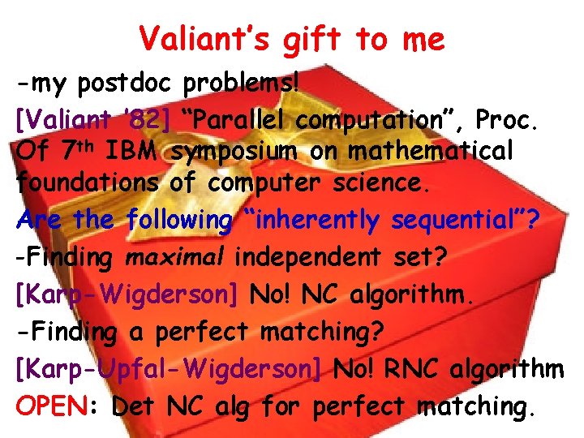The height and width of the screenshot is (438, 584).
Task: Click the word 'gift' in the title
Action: pos(311,39)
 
